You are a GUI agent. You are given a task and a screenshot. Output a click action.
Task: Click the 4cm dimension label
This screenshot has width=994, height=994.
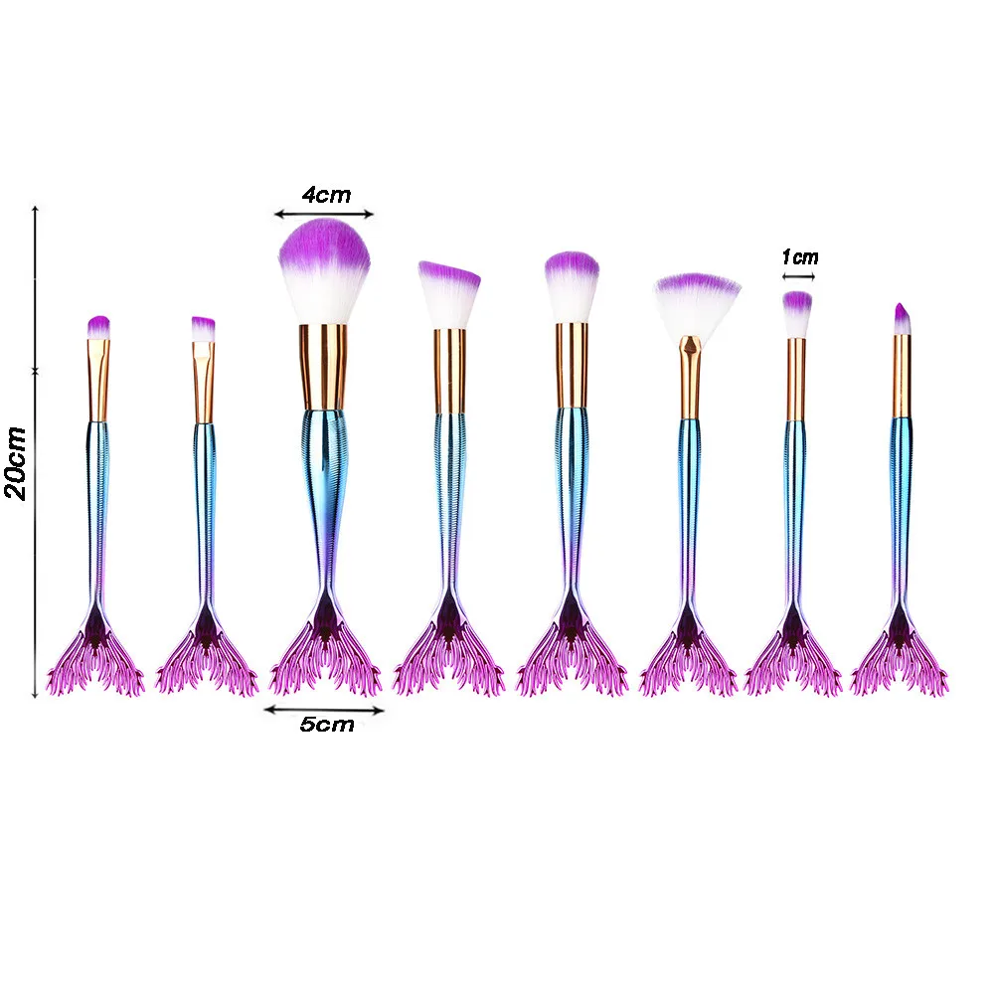326,195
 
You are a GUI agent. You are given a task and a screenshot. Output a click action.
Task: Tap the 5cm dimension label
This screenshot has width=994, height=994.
327,725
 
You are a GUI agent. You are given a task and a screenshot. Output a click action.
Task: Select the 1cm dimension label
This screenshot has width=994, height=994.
799,257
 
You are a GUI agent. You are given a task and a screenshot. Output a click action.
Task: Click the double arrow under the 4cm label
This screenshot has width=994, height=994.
324,213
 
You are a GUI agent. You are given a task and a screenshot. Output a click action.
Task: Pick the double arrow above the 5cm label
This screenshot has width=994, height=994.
324,710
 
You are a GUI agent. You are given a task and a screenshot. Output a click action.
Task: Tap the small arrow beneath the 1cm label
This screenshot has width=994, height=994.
798,275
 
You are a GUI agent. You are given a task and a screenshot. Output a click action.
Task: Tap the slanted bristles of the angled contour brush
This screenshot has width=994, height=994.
448,293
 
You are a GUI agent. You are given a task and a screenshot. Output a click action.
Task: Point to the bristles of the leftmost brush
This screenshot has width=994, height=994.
97,326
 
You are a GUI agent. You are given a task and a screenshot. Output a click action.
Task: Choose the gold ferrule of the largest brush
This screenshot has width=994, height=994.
323,366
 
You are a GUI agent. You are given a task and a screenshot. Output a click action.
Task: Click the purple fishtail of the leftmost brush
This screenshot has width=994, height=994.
95,656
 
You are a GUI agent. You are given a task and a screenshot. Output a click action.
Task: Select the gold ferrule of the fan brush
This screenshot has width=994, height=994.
689,378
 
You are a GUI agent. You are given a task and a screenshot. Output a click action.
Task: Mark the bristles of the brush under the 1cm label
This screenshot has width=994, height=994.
796,313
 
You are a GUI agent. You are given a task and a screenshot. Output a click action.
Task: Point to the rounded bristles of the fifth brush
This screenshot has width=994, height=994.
572,286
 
